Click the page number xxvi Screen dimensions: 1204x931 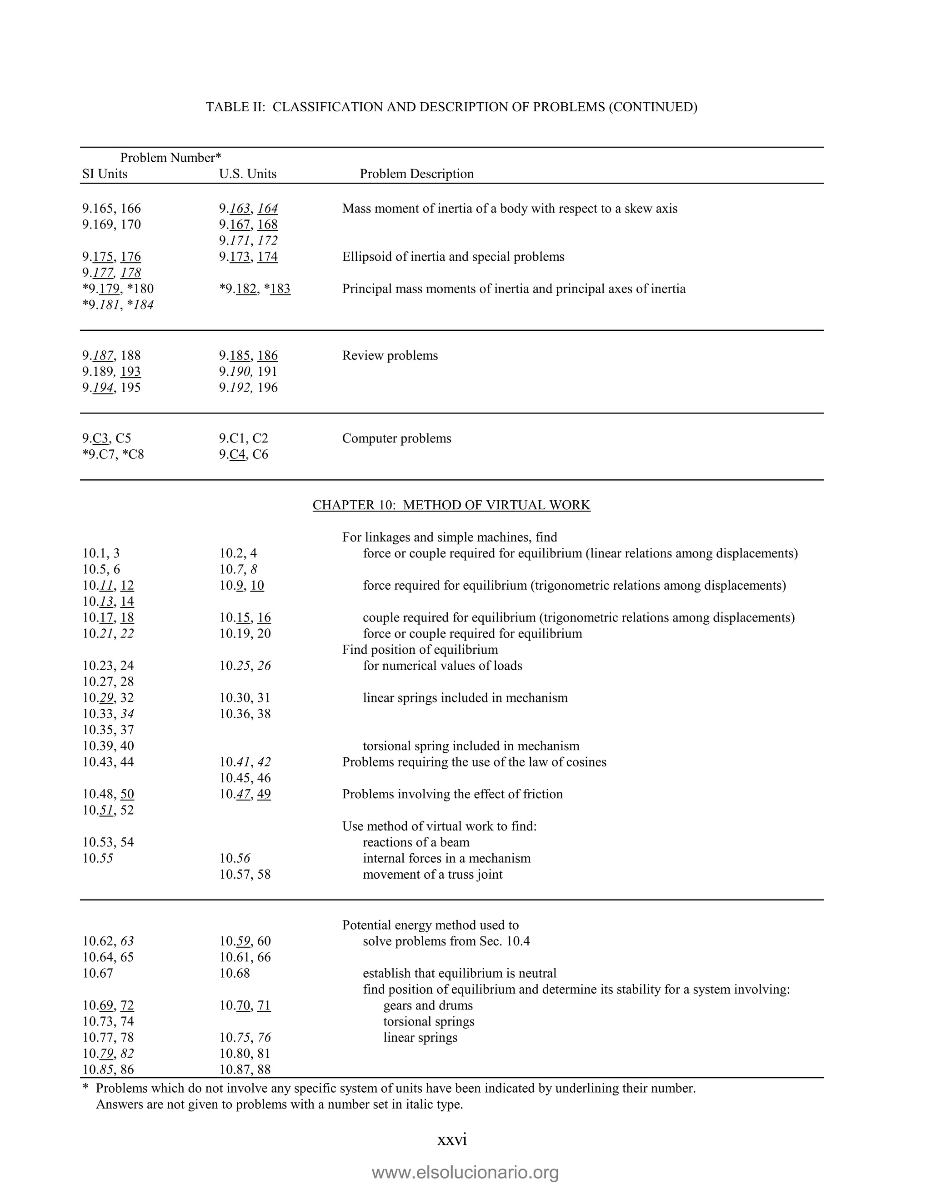tap(452, 1139)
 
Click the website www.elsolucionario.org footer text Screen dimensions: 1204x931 tap(465, 1173)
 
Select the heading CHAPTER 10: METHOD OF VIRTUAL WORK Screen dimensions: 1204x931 tap(451, 505)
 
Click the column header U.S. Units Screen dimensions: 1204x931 tap(248, 174)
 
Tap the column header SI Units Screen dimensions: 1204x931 tap(105, 174)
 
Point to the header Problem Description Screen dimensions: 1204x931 tap(416, 174)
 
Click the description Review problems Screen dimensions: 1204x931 tap(390, 356)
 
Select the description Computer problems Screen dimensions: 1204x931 tap(396, 438)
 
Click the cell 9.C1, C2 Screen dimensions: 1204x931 tap(243, 438)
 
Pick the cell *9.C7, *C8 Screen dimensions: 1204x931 tap(113, 454)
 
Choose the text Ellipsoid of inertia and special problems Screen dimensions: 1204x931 tap(453, 257)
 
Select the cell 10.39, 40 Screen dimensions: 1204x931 tap(108, 746)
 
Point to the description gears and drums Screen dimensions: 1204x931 tap(428, 1005)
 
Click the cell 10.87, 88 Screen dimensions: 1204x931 tap(245, 1070)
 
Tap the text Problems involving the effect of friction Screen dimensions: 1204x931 tap(452, 794)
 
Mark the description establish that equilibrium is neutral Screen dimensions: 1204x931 tap(460, 973)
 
